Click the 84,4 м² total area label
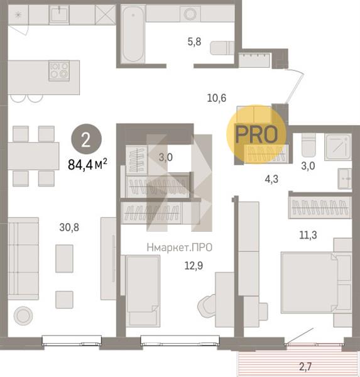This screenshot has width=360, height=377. coord(87,165)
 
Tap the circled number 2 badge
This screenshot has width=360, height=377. coord(86,139)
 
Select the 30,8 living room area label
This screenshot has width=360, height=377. coord(69,227)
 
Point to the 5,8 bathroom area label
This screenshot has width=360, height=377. coord(194,42)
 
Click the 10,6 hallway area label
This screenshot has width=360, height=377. coord(217,98)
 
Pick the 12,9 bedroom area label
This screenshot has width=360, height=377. coord(194,266)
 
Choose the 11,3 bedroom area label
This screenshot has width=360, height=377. coord(308,235)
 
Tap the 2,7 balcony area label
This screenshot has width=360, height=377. coord(305,367)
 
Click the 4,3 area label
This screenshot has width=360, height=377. coord(271,179)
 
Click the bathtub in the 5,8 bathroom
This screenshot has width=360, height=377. coord(133,34)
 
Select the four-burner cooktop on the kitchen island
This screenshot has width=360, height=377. coord(59,70)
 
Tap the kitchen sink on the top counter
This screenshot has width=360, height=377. coord(59,14)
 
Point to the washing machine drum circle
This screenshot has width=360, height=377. coord(190,14)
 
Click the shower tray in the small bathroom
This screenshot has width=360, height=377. coord(338,147)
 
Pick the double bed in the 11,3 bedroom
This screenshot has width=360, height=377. coord(310,283)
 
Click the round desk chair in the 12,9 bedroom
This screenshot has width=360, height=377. coord(207,306)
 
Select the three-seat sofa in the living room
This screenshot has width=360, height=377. coord(23,259)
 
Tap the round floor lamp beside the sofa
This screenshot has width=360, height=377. coord(23,315)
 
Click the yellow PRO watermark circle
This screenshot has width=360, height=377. coord(256,134)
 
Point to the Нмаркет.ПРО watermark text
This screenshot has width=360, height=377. coord(180,248)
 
